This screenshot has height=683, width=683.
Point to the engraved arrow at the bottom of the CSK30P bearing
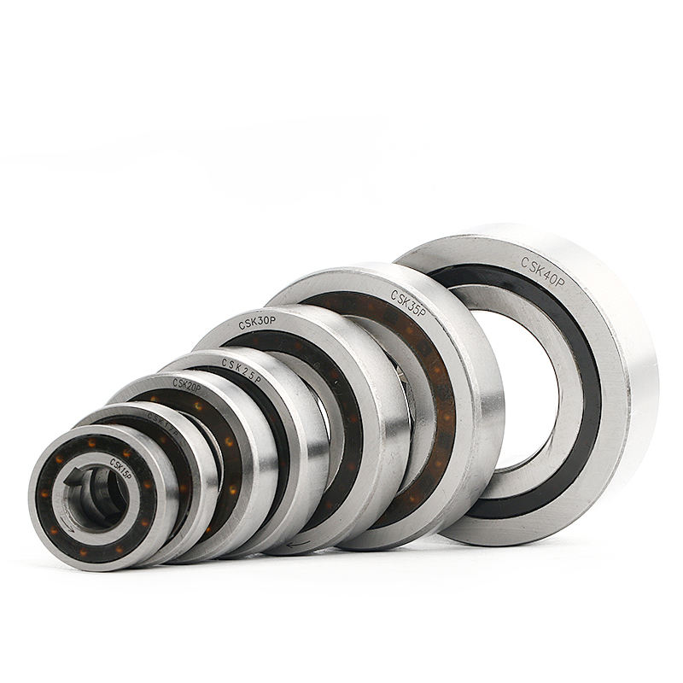pos(298,543)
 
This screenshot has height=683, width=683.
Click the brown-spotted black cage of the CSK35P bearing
pos(444,401)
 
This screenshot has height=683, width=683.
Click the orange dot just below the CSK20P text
pos(198,407)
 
